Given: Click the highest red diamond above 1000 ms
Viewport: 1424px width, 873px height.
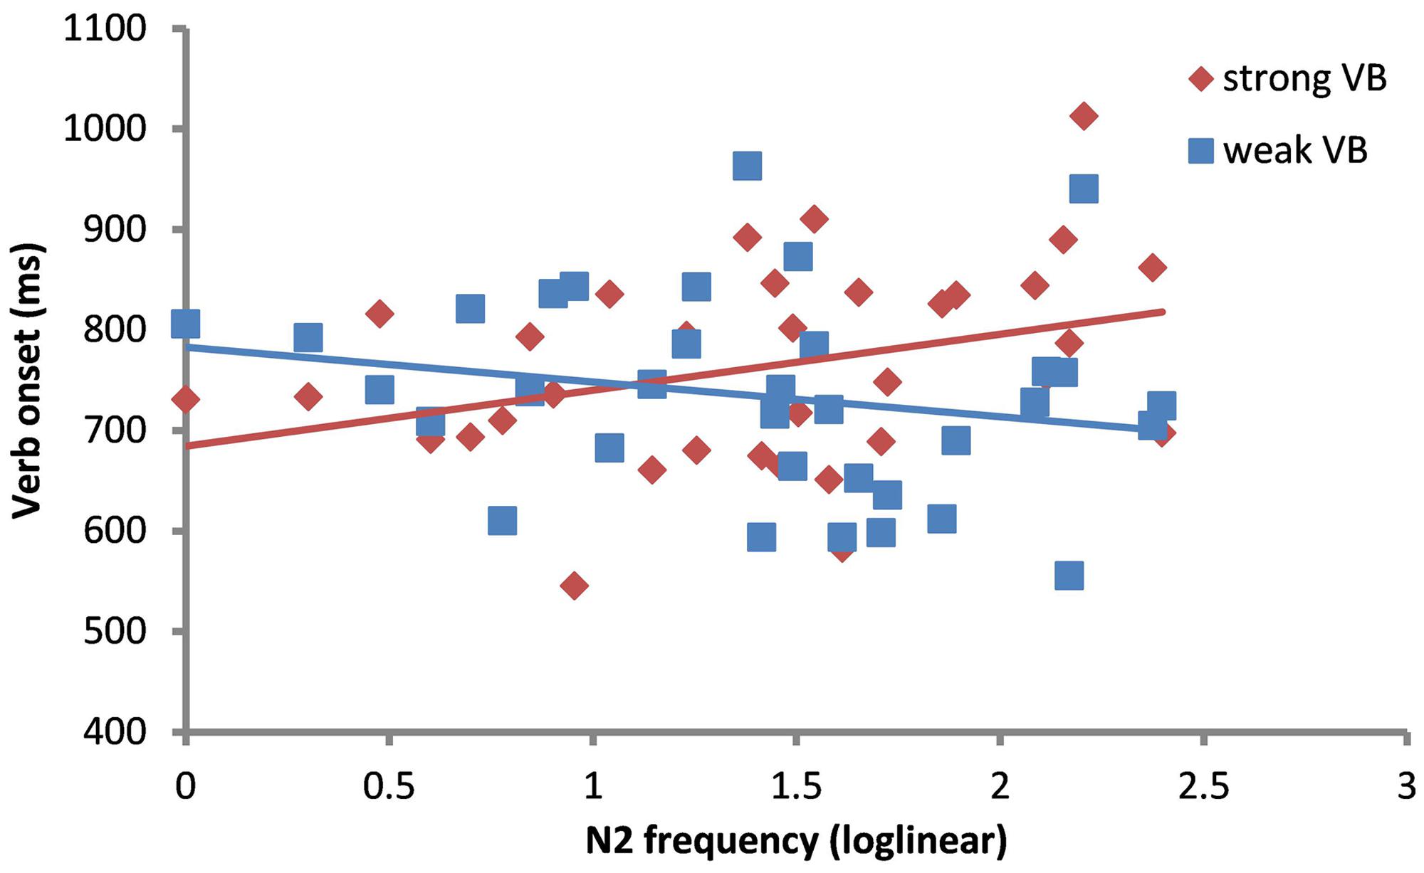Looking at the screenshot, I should [1083, 116].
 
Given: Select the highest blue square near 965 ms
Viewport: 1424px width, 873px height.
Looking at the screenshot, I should [747, 166].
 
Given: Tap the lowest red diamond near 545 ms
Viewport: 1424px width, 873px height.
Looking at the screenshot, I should [574, 586].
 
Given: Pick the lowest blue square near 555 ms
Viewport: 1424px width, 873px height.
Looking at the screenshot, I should [1069, 575].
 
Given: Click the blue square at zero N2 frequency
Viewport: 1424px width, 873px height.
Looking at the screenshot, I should [186, 324].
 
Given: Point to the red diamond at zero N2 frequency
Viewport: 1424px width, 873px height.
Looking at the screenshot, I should [186, 400].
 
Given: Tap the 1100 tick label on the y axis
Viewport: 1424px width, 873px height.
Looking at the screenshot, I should [105, 30].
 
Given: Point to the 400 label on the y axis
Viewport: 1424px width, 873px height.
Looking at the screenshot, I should [115, 732].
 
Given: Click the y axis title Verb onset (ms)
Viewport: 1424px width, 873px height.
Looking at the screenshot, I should [28, 381].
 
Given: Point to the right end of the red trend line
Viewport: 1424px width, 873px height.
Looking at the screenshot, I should [1163, 312].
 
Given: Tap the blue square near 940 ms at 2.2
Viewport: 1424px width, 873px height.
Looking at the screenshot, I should [1083, 189].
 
